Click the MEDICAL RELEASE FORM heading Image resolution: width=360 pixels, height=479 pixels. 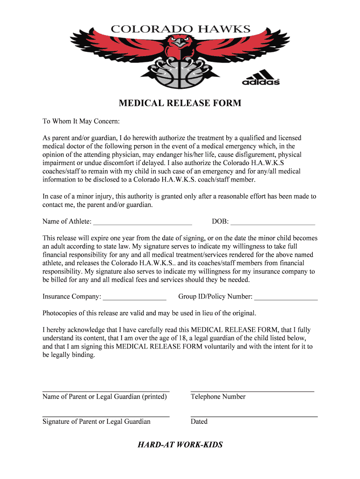[x=180, y=103]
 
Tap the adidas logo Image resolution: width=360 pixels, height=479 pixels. [x=260, y=78]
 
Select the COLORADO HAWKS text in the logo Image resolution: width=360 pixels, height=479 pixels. [x=180, y=29]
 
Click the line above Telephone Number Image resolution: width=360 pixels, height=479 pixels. [x=252, y=391]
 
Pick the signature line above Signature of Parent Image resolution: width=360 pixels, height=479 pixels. [x=106, y=416]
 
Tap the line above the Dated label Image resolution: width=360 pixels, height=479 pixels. [x=254, y=416]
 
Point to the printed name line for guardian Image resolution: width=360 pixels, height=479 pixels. [x=106, y=391]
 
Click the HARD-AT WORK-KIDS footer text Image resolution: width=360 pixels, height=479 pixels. [x=180, y=444]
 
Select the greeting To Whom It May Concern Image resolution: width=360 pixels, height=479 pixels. [x=81, y=122]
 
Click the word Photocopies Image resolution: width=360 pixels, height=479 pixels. [x=60, y=313]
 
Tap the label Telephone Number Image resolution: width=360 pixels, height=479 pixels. [x=218, y=397]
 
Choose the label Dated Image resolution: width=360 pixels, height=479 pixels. [x=199, y=421]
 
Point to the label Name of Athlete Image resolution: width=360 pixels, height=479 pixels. [x=67, y=221]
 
